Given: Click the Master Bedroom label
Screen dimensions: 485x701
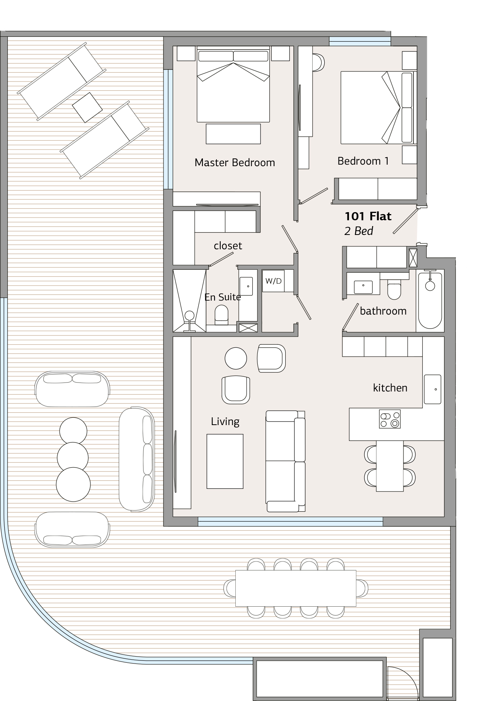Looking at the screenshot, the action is coord(235,162).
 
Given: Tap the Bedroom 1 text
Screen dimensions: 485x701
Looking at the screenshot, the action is coord(363,161).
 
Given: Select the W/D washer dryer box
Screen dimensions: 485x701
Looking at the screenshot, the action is coord(274,281).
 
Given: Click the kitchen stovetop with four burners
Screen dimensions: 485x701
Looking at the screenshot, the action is coord(390,419).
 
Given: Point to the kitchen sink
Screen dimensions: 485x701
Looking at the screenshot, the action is coord(432,389).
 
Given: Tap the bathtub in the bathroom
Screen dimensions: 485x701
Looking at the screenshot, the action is coord(430,300).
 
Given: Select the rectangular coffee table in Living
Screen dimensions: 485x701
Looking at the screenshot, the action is coord(225,461).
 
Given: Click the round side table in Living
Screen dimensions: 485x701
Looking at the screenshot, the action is coord(236,358).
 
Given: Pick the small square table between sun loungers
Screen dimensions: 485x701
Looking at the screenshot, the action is coord(87,107).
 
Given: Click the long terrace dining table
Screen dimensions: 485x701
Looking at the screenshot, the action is coord(296,589).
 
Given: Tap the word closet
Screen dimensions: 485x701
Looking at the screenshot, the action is coord(228,246).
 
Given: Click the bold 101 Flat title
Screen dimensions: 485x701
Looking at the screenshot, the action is coord(368,216).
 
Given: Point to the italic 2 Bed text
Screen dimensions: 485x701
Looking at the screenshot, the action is coord(359,231).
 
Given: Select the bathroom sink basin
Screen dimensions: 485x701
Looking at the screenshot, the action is coord(363,287).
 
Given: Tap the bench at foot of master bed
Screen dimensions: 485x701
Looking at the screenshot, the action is coord(233,134).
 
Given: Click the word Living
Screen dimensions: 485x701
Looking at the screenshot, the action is coord(225,421).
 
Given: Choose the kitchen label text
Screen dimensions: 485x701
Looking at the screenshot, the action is coord(390,388).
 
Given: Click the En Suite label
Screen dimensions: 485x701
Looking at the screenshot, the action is coord(223,297).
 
